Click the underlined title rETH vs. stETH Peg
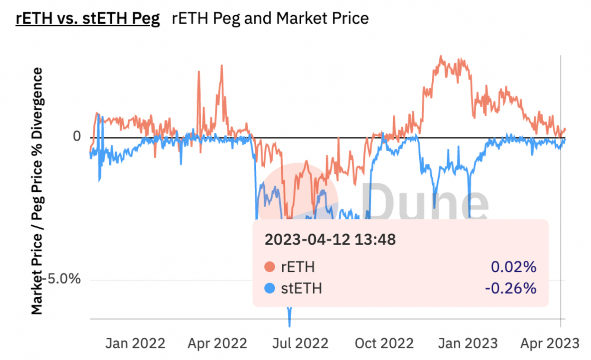(88, 18)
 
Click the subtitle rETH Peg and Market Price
(270, 18)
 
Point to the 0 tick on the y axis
(77, 136)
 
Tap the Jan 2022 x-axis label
(135, 343)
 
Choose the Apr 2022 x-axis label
(217, 343)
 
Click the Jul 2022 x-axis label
(300, 343)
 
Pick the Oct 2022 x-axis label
(384, 343)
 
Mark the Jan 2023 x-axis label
(468, 343)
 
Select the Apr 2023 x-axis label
(550, 343)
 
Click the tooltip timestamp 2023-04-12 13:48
(330, 240)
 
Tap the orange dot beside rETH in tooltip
(269, 267)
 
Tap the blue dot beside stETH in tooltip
(269, 288)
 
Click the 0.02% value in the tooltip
(514, 267)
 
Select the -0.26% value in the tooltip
(510, 288)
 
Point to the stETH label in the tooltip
(301, 288)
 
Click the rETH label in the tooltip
(298, 267)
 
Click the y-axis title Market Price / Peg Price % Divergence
(37, 191)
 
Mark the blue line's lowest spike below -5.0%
(289, 323)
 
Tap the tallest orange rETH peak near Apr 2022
(222, 67)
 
